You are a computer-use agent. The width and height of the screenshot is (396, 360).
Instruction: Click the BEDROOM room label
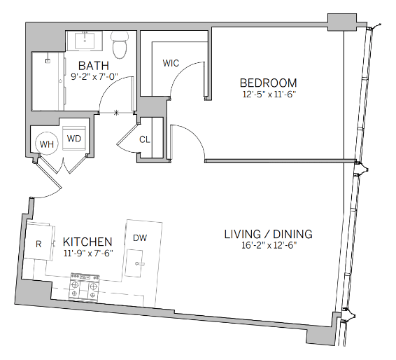pyautogui.click(x=268, y=83)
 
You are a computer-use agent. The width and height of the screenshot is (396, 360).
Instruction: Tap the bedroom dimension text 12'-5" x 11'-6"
pyautogui.click(x=269, y=95)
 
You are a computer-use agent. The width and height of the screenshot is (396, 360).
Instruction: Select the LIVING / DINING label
pyautogui.click(x=269, y=234)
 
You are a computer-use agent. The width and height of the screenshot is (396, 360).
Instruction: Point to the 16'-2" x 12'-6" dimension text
pyautogui.click(x=269, y=245)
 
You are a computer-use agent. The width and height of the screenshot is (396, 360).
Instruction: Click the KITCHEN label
pyautogui.click(x=87, y=242)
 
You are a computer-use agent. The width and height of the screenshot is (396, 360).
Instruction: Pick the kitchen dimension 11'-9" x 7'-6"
pyautogui.click(x=88, y=253)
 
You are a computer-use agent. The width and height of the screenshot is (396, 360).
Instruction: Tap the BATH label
pyautogui.click(x=94, y=66)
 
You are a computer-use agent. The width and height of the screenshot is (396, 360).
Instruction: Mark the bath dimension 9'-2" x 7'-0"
pyautogui.click(x=94, y=76)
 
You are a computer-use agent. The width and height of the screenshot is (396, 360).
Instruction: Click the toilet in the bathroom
pyautogui.click(x=120, y=46)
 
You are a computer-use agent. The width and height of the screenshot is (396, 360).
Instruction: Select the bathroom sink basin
pyautogui.click(x=85, y=41)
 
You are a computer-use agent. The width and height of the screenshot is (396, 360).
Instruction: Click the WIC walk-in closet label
pyautogui.click(x=171, y=63)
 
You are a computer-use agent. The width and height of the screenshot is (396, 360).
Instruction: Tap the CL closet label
pyautogui.click(x=144, y=139)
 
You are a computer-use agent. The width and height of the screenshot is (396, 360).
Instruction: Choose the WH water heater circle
pyautogui.click(x=46, y=144)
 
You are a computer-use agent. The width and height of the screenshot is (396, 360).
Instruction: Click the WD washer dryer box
pyautogui.click(x=74, y=138)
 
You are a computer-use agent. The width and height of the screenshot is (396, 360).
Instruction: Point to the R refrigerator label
pyautogui.click(x=38, y=244)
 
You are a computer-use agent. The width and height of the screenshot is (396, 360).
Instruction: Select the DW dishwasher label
pyautogui.click(x=140, y=237)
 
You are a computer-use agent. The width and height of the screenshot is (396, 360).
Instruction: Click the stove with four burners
pyautogui.click(x=85, y=287)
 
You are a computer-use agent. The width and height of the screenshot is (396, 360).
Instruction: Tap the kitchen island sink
pyautogui.click(x=134, y=263)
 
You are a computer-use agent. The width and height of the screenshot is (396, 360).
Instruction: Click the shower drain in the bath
pyautogui.click(x=48, y=61)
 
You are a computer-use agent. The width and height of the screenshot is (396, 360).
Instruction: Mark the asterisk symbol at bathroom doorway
pyautogui.click(x=116, y=113)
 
